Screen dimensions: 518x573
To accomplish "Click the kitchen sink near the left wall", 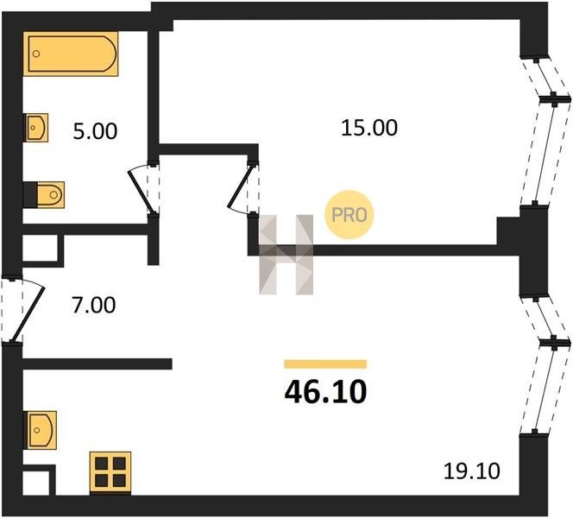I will click(41, 426).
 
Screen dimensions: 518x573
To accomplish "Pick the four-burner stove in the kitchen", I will click(110, 471).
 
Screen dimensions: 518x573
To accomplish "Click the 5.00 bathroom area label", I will click(95, 132).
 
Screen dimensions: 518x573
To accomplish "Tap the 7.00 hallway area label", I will click(92, 305).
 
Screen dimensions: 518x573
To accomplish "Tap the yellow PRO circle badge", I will click(349, 212).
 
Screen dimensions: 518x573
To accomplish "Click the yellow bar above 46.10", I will click(325, 364).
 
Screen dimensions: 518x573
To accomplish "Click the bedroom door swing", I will click(244, 186).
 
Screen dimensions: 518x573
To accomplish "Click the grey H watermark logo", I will click(286, 254).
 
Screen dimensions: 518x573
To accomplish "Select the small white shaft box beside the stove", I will click(38, 480).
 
